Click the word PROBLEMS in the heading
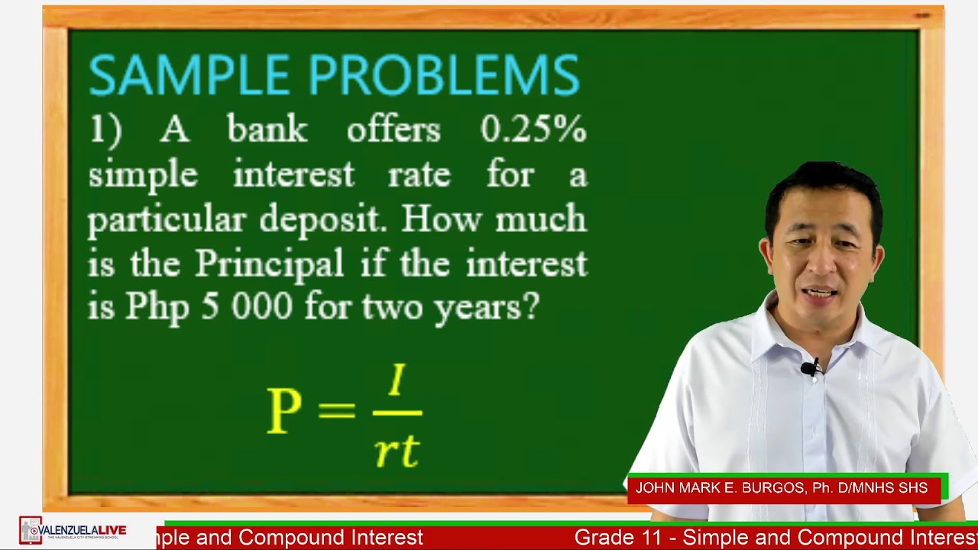point(444,75)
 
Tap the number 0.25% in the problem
point(533,131)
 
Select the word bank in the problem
point(267,131)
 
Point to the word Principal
point(269,264)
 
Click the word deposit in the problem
point(324,220)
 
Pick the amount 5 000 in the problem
point(247,307)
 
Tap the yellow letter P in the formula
point(284,410)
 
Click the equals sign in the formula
point(336,410)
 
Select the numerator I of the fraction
point(397,380)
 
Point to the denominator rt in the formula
point(397,451)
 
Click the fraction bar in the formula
point(397,413)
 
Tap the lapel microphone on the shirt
point(809,370)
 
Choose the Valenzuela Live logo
point(73,530)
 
